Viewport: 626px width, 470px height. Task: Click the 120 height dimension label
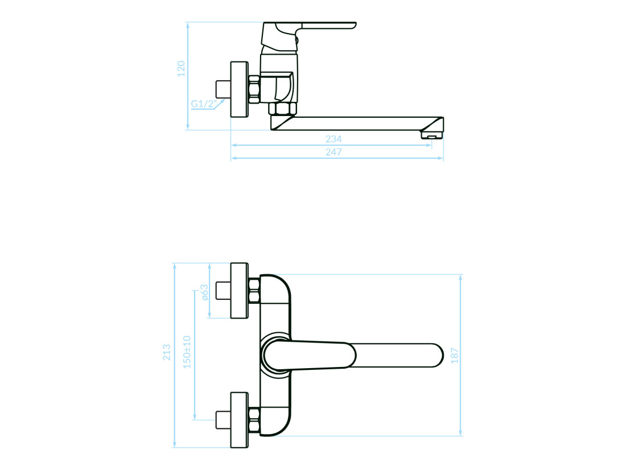click(x=181, y=69)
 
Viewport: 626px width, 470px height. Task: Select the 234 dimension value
click(x=333, y=139)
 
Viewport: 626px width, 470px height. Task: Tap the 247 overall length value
click(x=333, y=152)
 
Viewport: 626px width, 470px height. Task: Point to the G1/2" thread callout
click(x=204, y=104)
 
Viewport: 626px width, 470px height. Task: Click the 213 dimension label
click(x=167, y=352)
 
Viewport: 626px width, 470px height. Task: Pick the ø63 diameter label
click(x=204, y=292)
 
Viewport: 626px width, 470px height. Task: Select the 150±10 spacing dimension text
click(x=187, y=352)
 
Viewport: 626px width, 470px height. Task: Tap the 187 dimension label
click(x=455, y=356)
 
